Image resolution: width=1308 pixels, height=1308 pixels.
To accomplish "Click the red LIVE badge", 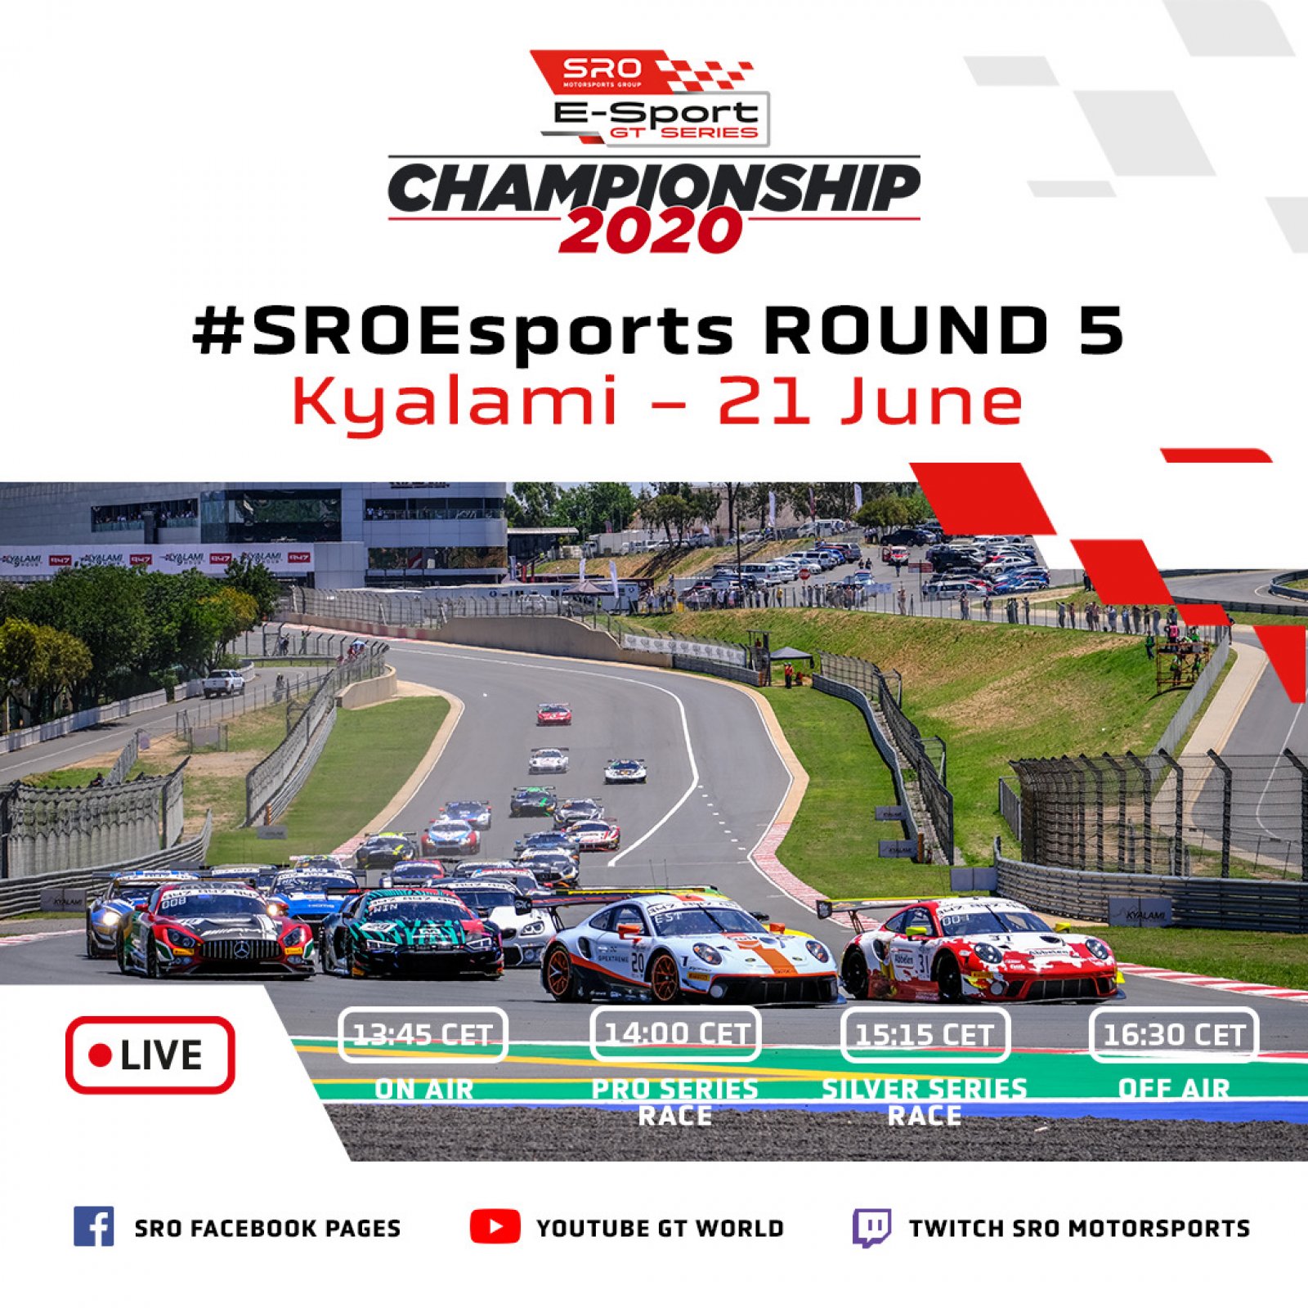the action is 150,1055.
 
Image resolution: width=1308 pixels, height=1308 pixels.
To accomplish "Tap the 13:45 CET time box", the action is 423,1035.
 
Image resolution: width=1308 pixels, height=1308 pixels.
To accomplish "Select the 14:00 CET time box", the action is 675,1034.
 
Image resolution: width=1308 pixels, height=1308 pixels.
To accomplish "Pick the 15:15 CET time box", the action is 925,1035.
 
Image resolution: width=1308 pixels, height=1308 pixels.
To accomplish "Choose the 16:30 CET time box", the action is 1174,1035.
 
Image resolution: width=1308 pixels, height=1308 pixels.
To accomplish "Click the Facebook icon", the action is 94,1226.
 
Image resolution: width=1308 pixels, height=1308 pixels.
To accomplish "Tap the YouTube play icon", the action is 495,1226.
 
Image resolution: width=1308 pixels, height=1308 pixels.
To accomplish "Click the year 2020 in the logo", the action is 651,231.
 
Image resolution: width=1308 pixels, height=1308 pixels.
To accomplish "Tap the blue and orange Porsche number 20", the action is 687,948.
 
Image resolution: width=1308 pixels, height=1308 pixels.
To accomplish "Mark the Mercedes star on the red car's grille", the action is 243,950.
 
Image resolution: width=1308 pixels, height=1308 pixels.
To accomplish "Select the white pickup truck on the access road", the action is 223,683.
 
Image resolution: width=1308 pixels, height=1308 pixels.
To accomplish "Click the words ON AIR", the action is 423,1089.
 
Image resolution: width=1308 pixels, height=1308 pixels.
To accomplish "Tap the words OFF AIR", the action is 1174,1089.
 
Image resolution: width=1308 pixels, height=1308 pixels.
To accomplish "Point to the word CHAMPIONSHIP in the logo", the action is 654,187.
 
